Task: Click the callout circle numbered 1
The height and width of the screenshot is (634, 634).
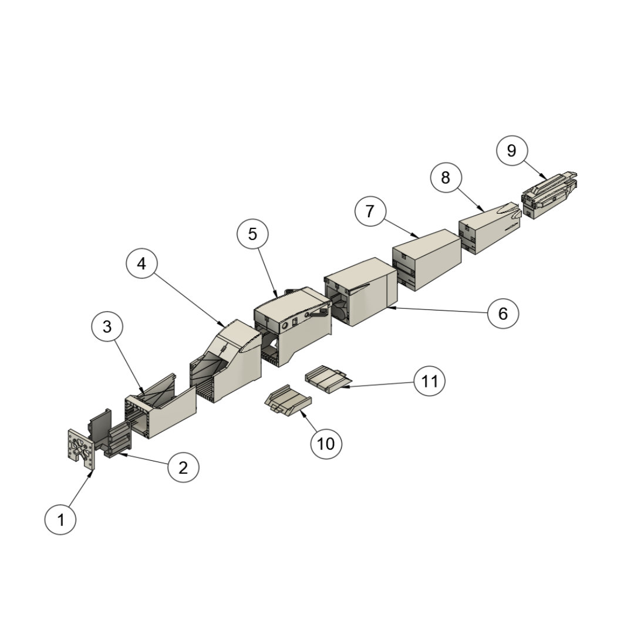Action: tap(60, 519)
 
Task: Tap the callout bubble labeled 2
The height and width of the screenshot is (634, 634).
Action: tap(183, 467)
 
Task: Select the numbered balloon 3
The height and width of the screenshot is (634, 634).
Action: tap(107, 326)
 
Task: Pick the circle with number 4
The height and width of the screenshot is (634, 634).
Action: tap(141, 263)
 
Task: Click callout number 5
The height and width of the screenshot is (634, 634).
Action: tap(252, 234)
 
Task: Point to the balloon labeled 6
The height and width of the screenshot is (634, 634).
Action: tap(503, 313)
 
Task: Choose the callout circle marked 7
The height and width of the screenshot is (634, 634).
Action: tap(370, 211)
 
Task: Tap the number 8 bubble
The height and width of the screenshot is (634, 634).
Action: tap(446, 177)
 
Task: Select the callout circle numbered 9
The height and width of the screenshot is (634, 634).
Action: tap(511, 150)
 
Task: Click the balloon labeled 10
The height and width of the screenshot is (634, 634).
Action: tap(326, 444)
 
